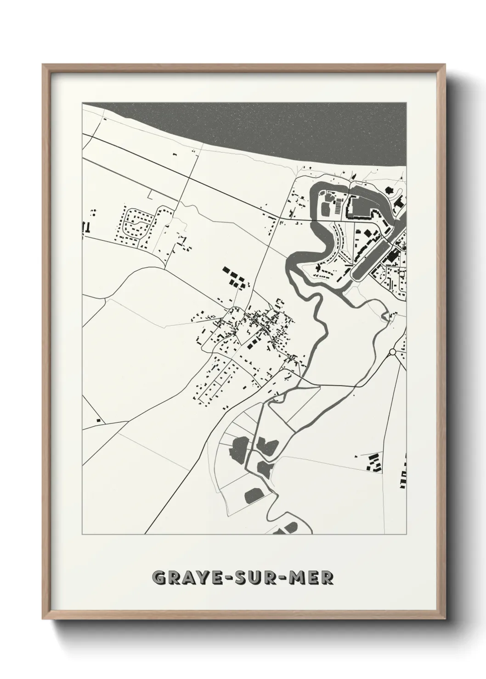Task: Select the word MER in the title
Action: pos(314,578)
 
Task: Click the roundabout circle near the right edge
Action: pos(393,352)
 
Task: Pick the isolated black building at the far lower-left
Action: pos(97,420)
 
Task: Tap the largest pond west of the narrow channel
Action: pos(240,448)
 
